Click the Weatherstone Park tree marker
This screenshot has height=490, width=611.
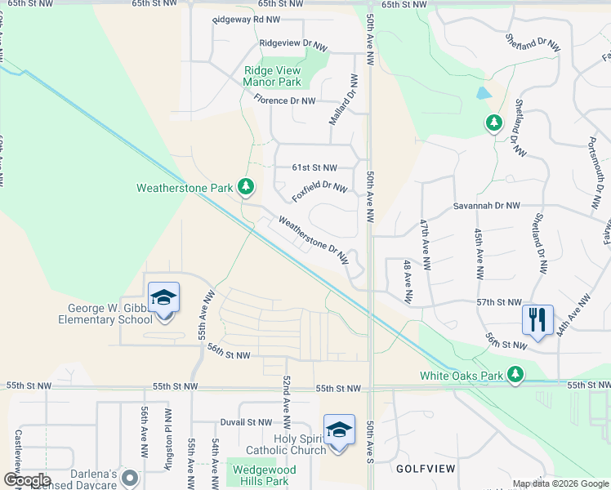coord(246,187)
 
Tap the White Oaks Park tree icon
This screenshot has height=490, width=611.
coord(515,374)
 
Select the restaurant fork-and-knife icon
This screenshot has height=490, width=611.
coord(537,318)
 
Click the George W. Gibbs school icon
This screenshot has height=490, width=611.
coord(163,298)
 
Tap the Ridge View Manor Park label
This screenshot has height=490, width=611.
coord(272,76)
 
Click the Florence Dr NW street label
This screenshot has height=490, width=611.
coord(284,100)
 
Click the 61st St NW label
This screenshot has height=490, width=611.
coord(314,167)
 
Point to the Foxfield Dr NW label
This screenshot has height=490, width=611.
coord(319,193)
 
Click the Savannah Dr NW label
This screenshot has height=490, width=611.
coord(487,207)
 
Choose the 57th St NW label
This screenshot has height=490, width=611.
coord(499,302)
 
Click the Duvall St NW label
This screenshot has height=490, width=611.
coord(245,422)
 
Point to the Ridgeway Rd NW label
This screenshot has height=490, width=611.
coord(246,19)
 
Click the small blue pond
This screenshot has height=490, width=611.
coord(484,92)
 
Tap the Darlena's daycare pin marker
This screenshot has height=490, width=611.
coord(129,476)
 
